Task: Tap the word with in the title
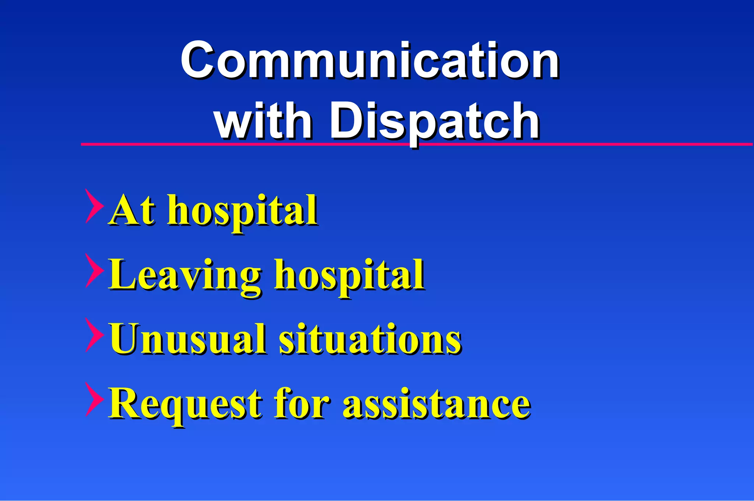(264, 120)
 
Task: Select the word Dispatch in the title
(434, 122)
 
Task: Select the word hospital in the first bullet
(243, 212)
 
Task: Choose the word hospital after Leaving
(350, 276)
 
